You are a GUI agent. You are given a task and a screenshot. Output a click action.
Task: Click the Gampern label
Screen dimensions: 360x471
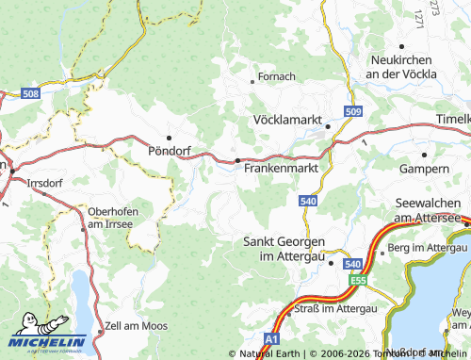pos(425,168)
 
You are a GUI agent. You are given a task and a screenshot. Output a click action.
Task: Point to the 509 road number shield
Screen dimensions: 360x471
pos(352,113)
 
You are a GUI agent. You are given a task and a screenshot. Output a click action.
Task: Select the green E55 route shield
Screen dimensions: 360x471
pos(357,281)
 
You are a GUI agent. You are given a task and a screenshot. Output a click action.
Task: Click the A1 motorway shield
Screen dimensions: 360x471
pos(272,337)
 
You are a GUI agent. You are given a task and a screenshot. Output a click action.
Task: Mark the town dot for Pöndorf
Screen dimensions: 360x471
pos(170,137)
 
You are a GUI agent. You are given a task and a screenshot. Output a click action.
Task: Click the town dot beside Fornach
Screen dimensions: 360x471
pos(252,82)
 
